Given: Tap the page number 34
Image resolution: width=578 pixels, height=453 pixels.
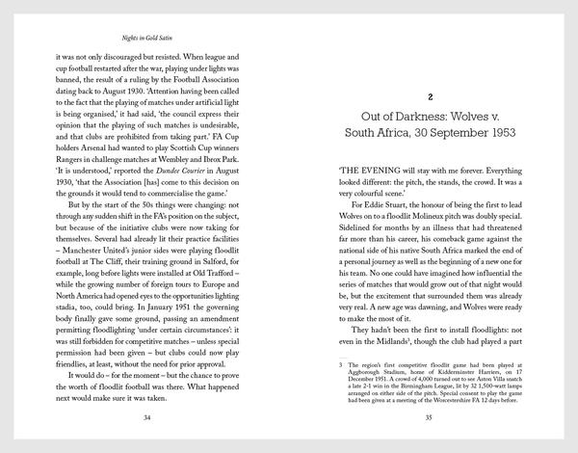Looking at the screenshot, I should pos(146,417).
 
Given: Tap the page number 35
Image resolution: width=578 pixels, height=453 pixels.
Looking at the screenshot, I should pos(431,417).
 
